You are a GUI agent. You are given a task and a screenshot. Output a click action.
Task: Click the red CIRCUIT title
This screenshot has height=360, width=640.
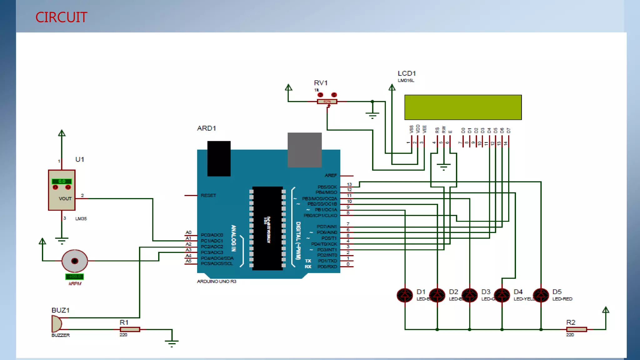point(61,17)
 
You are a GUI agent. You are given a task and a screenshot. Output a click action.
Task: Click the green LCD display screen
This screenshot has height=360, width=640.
point(463,107)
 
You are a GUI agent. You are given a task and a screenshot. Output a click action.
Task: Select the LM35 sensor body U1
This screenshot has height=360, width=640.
point(62,190)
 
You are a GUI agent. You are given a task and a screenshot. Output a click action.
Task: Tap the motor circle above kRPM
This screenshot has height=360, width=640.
point(75,261)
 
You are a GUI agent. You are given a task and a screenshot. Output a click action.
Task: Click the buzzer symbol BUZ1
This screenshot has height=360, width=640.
point(57,324)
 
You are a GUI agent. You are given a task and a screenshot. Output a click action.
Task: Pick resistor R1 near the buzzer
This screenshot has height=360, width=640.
point(130,329)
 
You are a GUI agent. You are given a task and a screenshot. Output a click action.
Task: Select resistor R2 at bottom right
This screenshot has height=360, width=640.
point(576,329)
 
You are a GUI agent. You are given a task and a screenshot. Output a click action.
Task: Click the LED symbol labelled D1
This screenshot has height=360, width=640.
point(405,295)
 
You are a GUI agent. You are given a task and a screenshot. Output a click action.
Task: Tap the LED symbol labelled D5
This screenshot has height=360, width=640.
point(541,295)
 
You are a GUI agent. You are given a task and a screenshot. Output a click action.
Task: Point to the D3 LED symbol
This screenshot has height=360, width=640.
point(469,295)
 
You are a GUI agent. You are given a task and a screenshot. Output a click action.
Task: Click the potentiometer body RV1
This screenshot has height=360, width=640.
point(327,102)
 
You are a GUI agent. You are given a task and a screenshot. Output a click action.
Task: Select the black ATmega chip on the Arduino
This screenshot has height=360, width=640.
point(267,228)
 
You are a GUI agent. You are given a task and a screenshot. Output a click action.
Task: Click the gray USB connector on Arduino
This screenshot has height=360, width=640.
point(304,150)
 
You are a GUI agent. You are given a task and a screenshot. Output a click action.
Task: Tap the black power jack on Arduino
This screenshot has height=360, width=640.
point(219,158)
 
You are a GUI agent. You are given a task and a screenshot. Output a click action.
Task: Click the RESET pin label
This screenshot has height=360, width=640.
point(208,195)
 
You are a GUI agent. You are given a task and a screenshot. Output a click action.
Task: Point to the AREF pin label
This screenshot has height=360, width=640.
point(330,176)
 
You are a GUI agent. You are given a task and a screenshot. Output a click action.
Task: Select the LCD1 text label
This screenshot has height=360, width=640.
point(407,73)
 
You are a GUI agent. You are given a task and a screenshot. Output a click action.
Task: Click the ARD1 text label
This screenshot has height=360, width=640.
point(206,128)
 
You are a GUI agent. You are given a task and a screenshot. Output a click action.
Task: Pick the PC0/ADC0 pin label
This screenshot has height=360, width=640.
point(212,235)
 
